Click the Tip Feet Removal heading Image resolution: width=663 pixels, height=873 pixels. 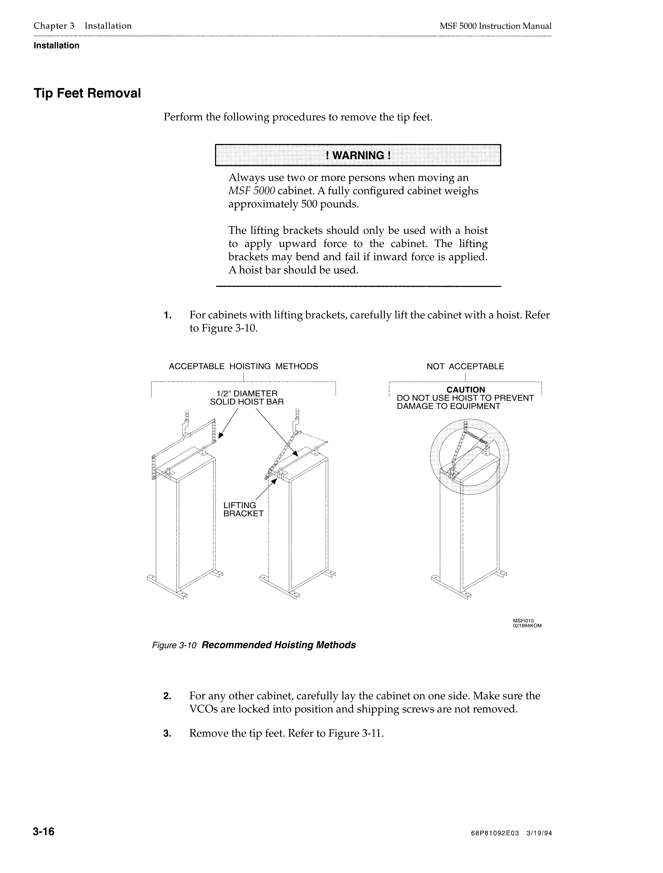87,94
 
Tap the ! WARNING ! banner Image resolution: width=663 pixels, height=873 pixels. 358,155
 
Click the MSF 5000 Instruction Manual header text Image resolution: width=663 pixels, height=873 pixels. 495,26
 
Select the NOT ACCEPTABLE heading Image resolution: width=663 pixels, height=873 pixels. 465,366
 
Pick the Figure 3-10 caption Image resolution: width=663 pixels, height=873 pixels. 254,645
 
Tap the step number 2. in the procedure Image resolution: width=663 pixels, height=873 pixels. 167,696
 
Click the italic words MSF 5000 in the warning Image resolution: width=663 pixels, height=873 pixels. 251,191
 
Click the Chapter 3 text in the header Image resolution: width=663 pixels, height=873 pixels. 54,26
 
